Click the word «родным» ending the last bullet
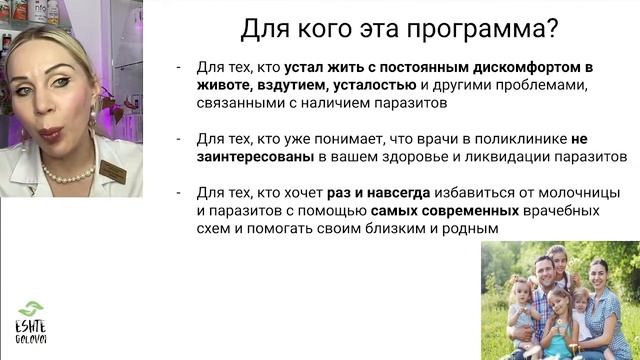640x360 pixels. pyautogui.click(x=471, y=229)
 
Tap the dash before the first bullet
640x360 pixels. pyautogui.click(x=178, y=68)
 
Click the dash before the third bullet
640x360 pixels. pyautogui.click(x=178, y=193)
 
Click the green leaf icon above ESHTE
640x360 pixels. pyautogui.click(x=32, y=309)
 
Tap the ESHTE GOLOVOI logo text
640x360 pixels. pyautogui.click(x=32, y=330)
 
